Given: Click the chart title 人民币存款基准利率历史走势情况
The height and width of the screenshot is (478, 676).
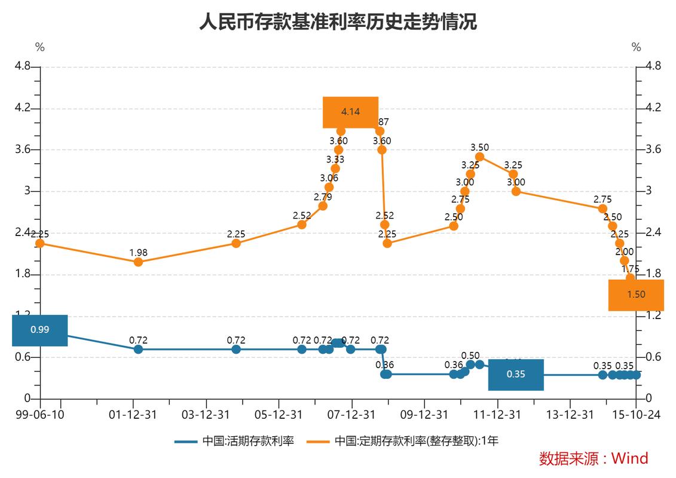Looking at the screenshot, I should click(338, 22).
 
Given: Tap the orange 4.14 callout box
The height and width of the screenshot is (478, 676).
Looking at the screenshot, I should click(350, 112).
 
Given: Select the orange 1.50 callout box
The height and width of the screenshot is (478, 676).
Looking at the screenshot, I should click(636, 295).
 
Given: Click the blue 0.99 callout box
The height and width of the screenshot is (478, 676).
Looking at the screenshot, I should click(40, 330).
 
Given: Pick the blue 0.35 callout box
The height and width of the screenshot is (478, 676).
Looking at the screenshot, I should click(515, 375).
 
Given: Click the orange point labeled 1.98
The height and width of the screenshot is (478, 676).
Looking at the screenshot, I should click(138, 262).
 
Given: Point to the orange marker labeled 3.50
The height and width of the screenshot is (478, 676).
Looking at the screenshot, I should click(479, 157).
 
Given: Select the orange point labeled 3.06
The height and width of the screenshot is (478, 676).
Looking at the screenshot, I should click(329, 187).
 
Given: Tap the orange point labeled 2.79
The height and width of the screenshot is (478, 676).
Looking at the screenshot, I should click(323, 206).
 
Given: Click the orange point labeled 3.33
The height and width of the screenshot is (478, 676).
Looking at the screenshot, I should click(335, 168).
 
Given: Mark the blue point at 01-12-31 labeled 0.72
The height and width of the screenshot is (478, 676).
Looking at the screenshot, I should click(138, 349).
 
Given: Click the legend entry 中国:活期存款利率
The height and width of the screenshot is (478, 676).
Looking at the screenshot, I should click(234, 442).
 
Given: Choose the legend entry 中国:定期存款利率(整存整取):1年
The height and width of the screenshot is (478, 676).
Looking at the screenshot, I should click(403, 442).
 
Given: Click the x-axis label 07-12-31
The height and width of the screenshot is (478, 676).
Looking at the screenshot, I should click(352, 414).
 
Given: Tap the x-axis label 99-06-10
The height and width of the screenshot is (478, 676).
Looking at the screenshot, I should click(40, 414).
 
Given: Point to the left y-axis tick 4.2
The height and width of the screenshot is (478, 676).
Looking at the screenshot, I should click(23, 108).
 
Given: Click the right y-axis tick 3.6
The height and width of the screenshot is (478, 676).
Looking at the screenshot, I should click(653, 149).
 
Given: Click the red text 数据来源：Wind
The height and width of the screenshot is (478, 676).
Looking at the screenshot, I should click(593, 458).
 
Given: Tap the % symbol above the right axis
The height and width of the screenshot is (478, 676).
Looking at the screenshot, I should click(636, 47).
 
